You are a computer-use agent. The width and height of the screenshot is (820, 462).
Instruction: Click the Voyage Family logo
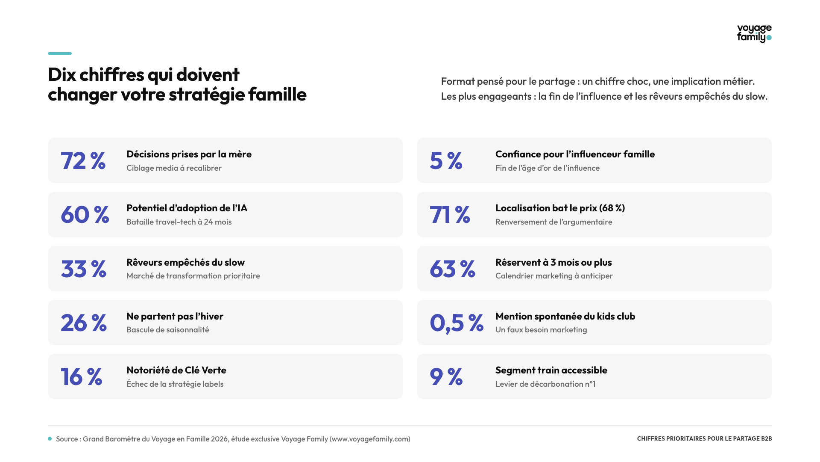pyautogui.click(x=754, y=33)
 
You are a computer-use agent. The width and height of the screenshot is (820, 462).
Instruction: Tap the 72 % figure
pyautogui.click(x=83, y=161)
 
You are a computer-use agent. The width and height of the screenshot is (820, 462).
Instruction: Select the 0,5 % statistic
pyautogui.click(x=457, y=323)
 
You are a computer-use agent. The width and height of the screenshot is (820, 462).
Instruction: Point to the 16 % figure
pyautogui.click(x=82, y=377)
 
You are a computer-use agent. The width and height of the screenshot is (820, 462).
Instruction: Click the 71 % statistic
pyautogui.click(x=450, y=215)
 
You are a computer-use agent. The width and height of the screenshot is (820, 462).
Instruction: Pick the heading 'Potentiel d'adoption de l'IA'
pyautogui.click(x=187, y=208)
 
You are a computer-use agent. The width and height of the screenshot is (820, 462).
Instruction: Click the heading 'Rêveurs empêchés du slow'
pyautogui.click(x=185, y=262)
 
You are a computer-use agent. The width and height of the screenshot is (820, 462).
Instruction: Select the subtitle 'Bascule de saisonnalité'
pyautogui.click(x=168, y=330)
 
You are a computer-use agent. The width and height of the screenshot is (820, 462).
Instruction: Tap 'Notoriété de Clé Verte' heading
pyautogui.click(x=176, y=370)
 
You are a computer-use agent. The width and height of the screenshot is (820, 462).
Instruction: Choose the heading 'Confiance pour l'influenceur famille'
pyautogui.click(x=575, y=154)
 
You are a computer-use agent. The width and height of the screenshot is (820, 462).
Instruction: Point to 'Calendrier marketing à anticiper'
pyautogui.click(x=554, y=276)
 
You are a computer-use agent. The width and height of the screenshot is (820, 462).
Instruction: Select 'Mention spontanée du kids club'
pyautogui.click(x=565, y=316)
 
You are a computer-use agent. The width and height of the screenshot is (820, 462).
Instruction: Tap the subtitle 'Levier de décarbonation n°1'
pyautogui.click(x=545, y=384)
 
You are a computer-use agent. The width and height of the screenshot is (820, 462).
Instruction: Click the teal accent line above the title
pyautogui.click(x=60, y=53)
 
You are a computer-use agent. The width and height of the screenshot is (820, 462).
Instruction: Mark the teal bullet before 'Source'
pyautogui.click(x=50, y=439)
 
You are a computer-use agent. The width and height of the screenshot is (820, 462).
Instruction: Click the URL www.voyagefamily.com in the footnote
pyautogui.click(x=370, y=439)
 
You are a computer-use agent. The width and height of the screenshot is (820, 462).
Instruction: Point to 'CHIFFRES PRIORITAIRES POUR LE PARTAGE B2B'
pyautogui.click(x=704, y=438)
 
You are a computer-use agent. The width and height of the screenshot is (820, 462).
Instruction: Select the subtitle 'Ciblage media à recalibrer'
pyautogui.click(x=174, y=168)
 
